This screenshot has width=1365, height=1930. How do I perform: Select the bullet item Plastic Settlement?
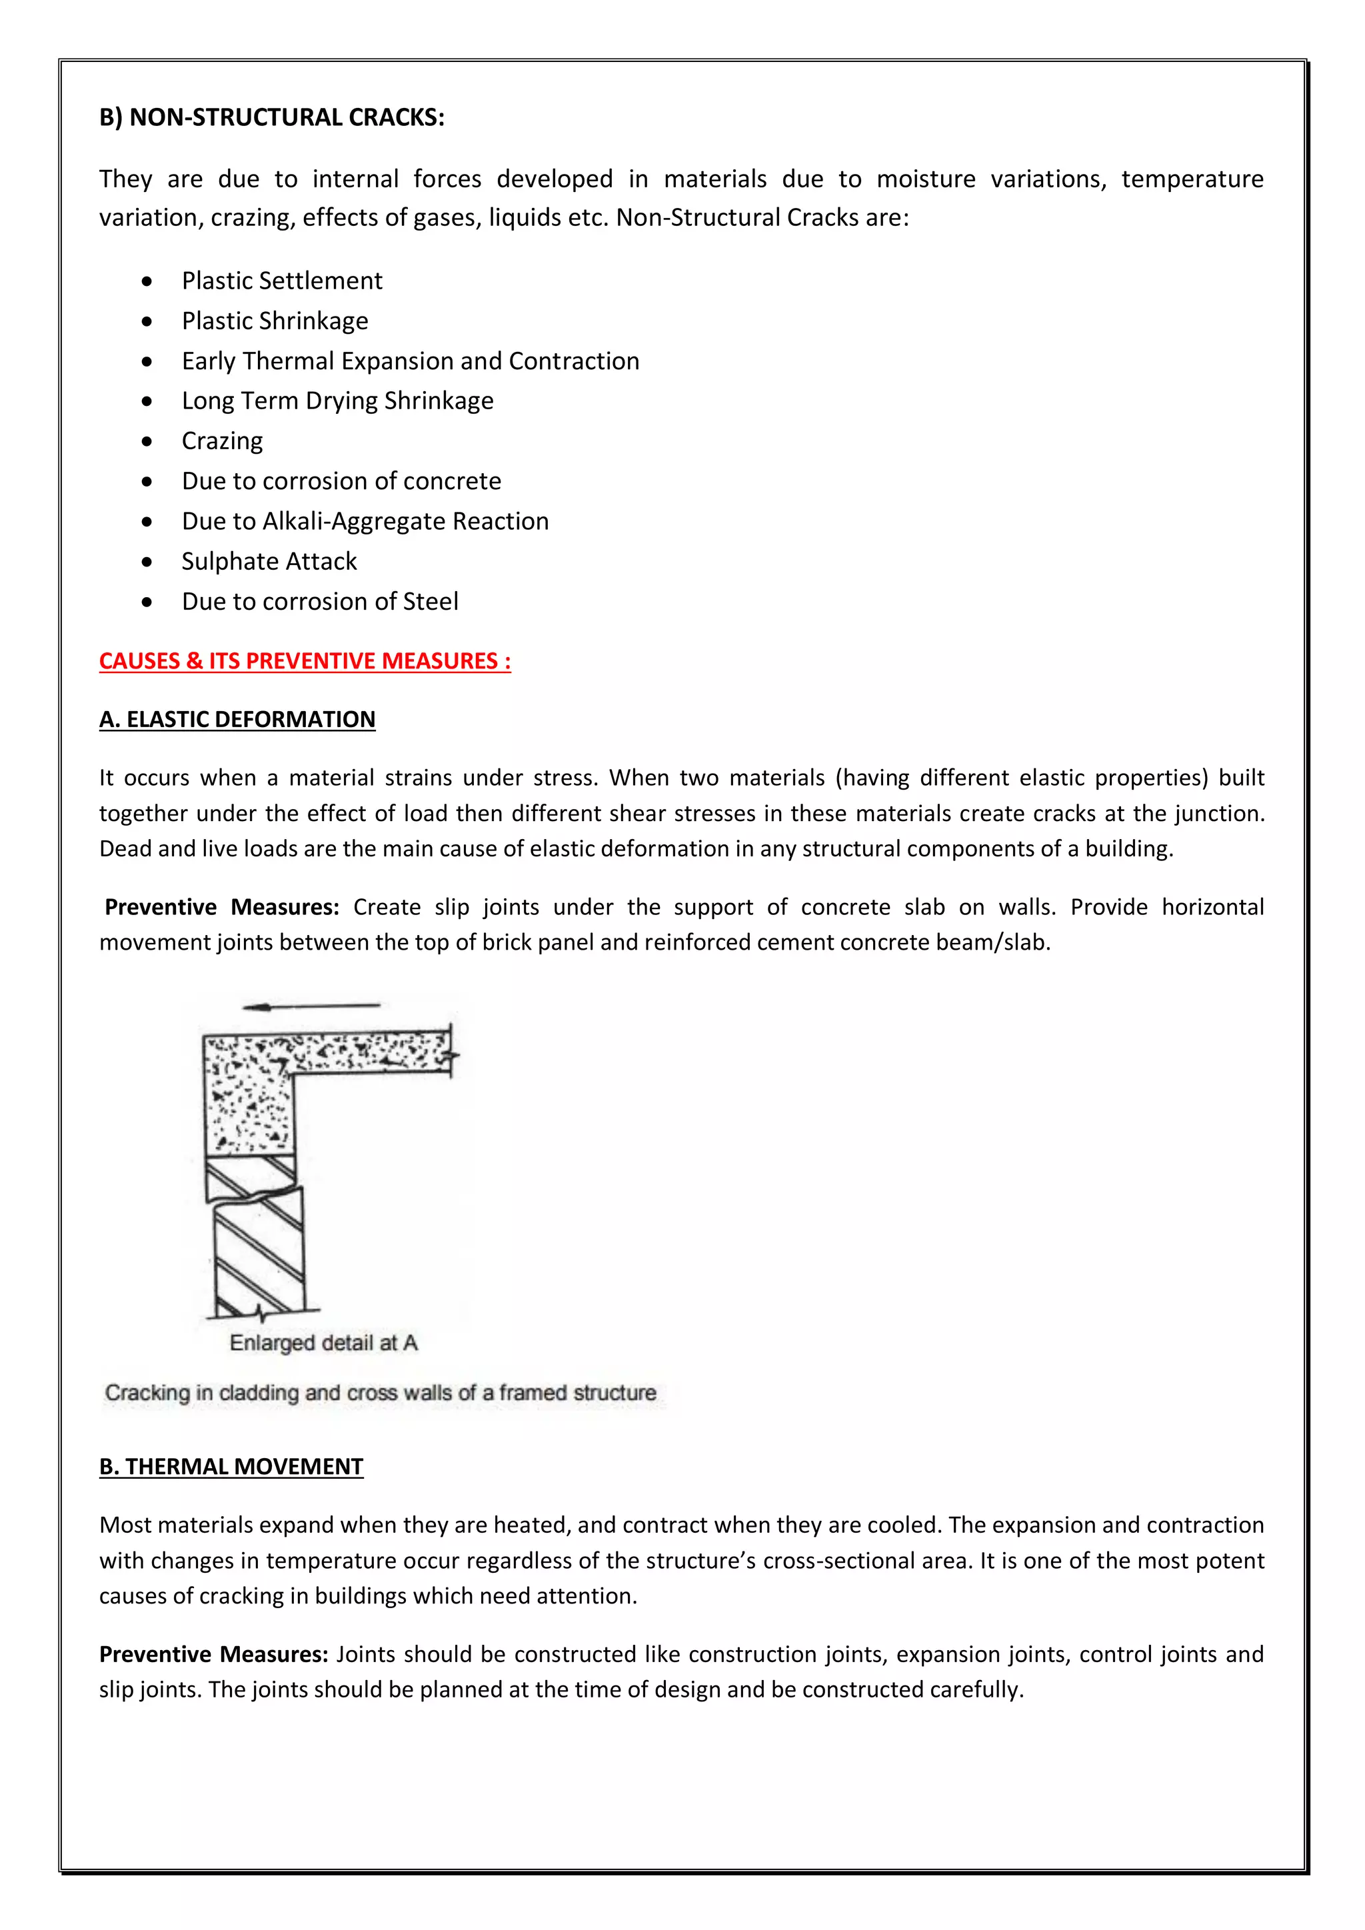pos(281,281)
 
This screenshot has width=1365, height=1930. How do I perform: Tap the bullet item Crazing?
pos(222,441)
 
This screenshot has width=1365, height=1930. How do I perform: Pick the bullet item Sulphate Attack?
pos(269,562)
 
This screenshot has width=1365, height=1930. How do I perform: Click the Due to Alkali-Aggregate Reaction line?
pos(365,521)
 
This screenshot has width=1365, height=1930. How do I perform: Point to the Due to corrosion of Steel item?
pos(319,602)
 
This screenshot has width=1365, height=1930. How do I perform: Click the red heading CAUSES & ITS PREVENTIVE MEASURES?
pos(305,662)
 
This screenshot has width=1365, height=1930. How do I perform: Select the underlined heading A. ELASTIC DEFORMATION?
pos(237,720)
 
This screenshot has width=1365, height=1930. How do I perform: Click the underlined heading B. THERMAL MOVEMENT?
pos(231,1467)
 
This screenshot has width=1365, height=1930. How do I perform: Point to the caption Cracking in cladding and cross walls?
pos(380,1394)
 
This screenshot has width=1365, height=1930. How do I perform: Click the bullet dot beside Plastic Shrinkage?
pos(148,322)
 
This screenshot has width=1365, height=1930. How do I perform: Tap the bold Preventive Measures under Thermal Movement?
pos(213,1654)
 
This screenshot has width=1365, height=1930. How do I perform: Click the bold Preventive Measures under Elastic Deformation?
pos(222,908)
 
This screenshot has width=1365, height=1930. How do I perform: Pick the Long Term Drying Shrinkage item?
pos(337,401)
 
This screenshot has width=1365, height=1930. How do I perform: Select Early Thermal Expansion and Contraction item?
pos(410,361)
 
